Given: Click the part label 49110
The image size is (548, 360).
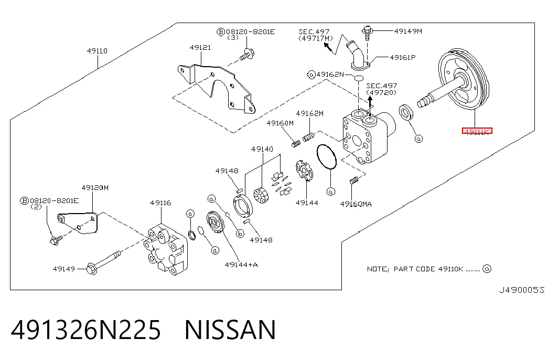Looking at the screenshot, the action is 97,51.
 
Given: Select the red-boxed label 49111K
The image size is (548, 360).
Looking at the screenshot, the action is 477,131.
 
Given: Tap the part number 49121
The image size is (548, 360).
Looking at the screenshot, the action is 200,47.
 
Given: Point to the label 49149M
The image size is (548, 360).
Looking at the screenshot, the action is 408,31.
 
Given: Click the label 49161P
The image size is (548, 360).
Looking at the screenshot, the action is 403,57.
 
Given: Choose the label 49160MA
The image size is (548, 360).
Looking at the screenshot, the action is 356,204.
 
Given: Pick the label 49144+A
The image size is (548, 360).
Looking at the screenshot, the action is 241,264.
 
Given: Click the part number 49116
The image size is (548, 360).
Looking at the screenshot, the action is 160,203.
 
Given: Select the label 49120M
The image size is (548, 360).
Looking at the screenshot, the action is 95,187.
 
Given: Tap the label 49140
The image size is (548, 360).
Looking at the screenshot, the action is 262,149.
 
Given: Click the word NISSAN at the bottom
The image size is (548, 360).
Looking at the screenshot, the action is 230,330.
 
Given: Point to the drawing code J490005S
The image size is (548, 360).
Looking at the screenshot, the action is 521,290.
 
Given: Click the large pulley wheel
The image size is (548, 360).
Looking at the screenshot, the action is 464,80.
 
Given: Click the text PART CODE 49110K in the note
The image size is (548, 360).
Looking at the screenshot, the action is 428,269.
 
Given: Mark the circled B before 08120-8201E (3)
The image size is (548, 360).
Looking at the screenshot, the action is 221,32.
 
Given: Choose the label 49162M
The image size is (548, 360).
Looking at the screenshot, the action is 309,113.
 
